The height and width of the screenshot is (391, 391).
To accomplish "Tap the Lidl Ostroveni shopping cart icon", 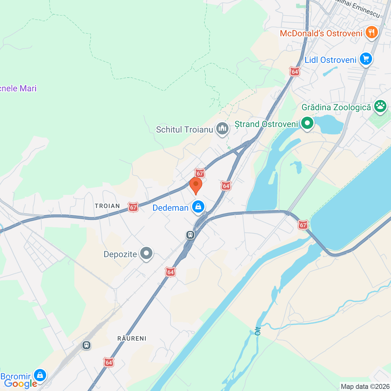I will click(366, 59).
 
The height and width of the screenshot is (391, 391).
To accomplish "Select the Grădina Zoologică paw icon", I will click(380, 106).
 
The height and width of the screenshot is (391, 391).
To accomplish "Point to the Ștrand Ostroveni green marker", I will click(307, 123).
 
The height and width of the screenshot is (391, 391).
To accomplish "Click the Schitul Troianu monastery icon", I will click(222, 128).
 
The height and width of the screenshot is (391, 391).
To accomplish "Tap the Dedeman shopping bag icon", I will click(198, 207).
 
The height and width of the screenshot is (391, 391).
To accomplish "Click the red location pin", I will click(196, 185).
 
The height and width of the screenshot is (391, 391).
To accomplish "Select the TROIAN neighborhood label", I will click(107, 206).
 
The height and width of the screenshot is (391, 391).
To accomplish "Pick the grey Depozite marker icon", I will click(146, 253).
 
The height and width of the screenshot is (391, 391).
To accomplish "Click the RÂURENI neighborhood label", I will click(132, 338).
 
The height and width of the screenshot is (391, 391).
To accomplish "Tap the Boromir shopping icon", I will click(40, 375).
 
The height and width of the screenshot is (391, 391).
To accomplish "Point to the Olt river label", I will click(258, 331).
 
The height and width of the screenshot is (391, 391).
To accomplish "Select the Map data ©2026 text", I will click(365, 386).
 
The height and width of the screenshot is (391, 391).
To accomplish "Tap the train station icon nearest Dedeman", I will click(190, 235).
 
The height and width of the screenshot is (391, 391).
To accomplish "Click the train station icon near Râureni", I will click(86, 345).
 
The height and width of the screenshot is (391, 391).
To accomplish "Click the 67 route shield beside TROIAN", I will click(133, 207).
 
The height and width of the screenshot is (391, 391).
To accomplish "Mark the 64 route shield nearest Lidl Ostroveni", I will click(295, 72).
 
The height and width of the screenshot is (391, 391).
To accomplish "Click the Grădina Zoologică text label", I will click(336, 107).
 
